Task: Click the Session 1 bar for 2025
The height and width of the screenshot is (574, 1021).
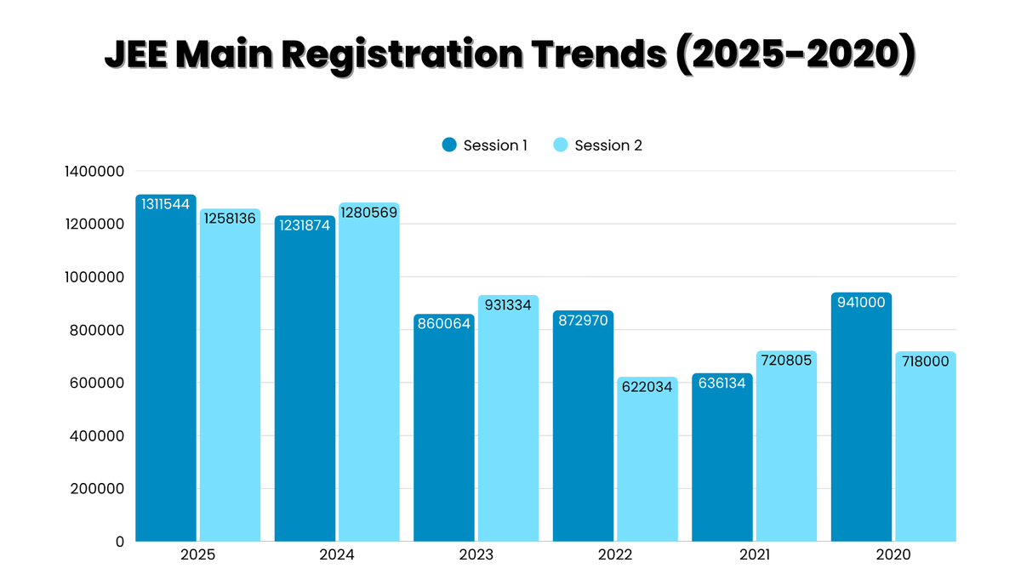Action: pyautogui.click(x=166, y=374)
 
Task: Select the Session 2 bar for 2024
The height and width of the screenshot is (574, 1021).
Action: pyautogui.click(x=368, y=378)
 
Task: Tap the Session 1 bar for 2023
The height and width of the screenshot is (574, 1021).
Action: pyautogui.click(x=444, y=434)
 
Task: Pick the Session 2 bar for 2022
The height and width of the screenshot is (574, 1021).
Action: pyautogui.click(x=647, y=463)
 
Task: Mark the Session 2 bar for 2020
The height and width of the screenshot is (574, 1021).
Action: pyautogui.click(x=926, y=451)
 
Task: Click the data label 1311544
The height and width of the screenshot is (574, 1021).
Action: pyautogui.click(x=166, y=204)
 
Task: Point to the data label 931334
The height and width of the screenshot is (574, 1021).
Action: pyautogui.click(x=508, y=304)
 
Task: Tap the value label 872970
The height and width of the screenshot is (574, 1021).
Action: pyautogui.click(x=583, y=321)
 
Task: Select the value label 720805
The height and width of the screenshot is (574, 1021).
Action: pyautogui.click(x=786, y=361)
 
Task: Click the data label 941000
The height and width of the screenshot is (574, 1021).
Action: pyautogui.click(x=861, y=303)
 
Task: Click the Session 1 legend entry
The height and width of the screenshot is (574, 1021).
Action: pyautogui.click(x=485, y=145)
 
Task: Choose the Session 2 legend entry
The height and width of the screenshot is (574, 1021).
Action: pyautogui.click(x=598, y=145)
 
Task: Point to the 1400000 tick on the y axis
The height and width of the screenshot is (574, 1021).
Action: pyautogui.click(x=94, y=171)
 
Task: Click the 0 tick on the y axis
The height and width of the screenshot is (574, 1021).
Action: pyautogui.click(x=119, y=541)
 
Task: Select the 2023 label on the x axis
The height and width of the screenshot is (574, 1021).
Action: pyautogui.click(x=476, y=554)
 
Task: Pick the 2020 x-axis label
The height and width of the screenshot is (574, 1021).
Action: pyautogui.click(x=893, y=554)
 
